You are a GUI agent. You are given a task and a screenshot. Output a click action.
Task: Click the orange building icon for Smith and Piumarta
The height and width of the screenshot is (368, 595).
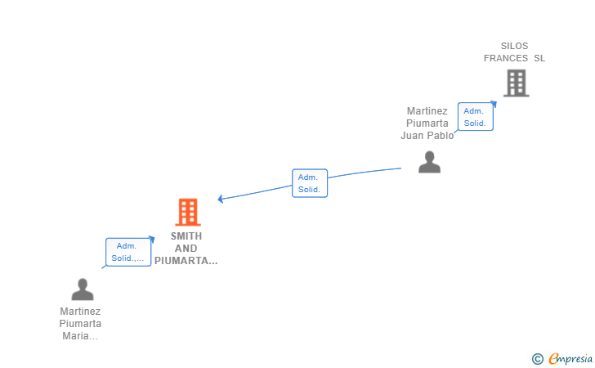(188, 213)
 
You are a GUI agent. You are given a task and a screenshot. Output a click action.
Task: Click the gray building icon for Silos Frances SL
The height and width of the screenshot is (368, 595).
(516, 83)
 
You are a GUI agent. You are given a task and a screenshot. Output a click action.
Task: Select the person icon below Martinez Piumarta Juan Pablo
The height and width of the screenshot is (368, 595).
(429, 162)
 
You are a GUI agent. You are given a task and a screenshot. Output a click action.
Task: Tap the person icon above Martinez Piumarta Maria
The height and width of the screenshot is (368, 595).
(82, 289)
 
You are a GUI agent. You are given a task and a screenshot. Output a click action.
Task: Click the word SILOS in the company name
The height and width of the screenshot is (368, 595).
(515, 46)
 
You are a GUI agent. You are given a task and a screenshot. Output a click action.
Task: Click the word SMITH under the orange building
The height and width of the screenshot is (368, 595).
(186, 236)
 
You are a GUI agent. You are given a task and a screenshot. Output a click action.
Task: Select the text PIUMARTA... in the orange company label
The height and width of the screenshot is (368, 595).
(186, 261)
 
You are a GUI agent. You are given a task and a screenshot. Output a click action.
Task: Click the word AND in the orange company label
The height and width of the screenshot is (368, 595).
(186, 249)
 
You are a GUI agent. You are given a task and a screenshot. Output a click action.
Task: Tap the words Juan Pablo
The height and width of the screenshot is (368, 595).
(427, 136)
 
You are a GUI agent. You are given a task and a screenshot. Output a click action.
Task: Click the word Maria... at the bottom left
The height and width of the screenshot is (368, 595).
(80, 336)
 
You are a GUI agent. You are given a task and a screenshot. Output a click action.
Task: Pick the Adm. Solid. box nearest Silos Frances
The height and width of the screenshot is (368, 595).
(475, 117)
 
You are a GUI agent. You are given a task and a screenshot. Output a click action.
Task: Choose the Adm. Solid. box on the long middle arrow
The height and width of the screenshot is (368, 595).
(309, 182)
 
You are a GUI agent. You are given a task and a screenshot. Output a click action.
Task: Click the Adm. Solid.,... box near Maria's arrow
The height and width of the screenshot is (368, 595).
(128, 252)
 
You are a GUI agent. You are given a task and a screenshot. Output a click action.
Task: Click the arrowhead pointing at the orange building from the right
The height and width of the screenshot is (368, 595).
(221, 199)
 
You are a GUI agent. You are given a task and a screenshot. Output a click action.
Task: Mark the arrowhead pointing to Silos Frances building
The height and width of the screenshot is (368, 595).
(493, 105)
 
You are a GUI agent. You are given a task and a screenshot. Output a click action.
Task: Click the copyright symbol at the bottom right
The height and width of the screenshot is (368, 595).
(537, 358)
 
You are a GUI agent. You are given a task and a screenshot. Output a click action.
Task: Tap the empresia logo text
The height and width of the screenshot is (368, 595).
(570, 357)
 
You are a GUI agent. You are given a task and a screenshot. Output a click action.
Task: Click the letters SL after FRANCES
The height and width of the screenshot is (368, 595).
(539, 58)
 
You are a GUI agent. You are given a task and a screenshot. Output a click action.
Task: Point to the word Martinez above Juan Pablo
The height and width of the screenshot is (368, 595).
(427, 111)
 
